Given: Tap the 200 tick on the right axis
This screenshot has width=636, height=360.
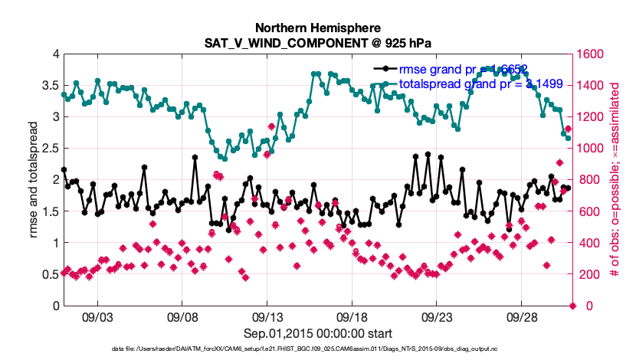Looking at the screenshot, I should click(586, 274).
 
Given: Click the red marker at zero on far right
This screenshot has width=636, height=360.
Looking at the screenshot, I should click(572, 306).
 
